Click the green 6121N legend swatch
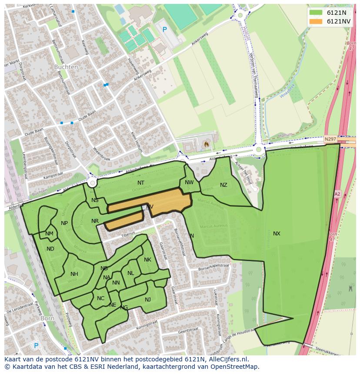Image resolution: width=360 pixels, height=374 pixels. pos(316,13)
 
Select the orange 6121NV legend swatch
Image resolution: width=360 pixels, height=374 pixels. pos(316,21)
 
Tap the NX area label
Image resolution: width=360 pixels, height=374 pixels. pos(277,234)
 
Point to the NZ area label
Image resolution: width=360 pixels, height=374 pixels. pos(223,185)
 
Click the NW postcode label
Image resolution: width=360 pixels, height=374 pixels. pos(189,182)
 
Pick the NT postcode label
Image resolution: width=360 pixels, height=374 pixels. pos(141,183)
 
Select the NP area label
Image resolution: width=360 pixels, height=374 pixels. pos(64,223)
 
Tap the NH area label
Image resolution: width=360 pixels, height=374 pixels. pos(74,274)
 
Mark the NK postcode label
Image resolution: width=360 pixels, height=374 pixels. pos(147,260)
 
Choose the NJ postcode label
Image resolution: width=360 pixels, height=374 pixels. pos(148,299)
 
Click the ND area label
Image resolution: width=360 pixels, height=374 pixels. pos(50,249)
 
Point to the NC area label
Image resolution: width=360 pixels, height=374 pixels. pos(100,298)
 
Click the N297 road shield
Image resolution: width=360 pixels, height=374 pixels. pos(330,139)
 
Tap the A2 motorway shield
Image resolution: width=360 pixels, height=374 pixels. pos(337,194)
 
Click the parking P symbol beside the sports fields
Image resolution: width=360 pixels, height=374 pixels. pos(164,30)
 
